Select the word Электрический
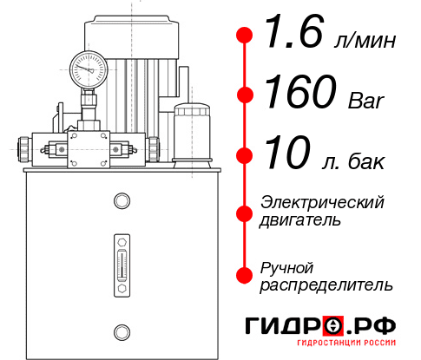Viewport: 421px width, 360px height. [322, 202]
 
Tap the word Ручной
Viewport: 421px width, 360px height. [286, 266]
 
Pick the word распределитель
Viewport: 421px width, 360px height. [326, 284]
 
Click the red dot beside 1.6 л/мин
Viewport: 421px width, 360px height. [245, 36]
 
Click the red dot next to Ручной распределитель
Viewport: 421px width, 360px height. [245, 274]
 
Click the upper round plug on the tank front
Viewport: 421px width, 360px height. [121, 202]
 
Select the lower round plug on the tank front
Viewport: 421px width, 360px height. [121, 331]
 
